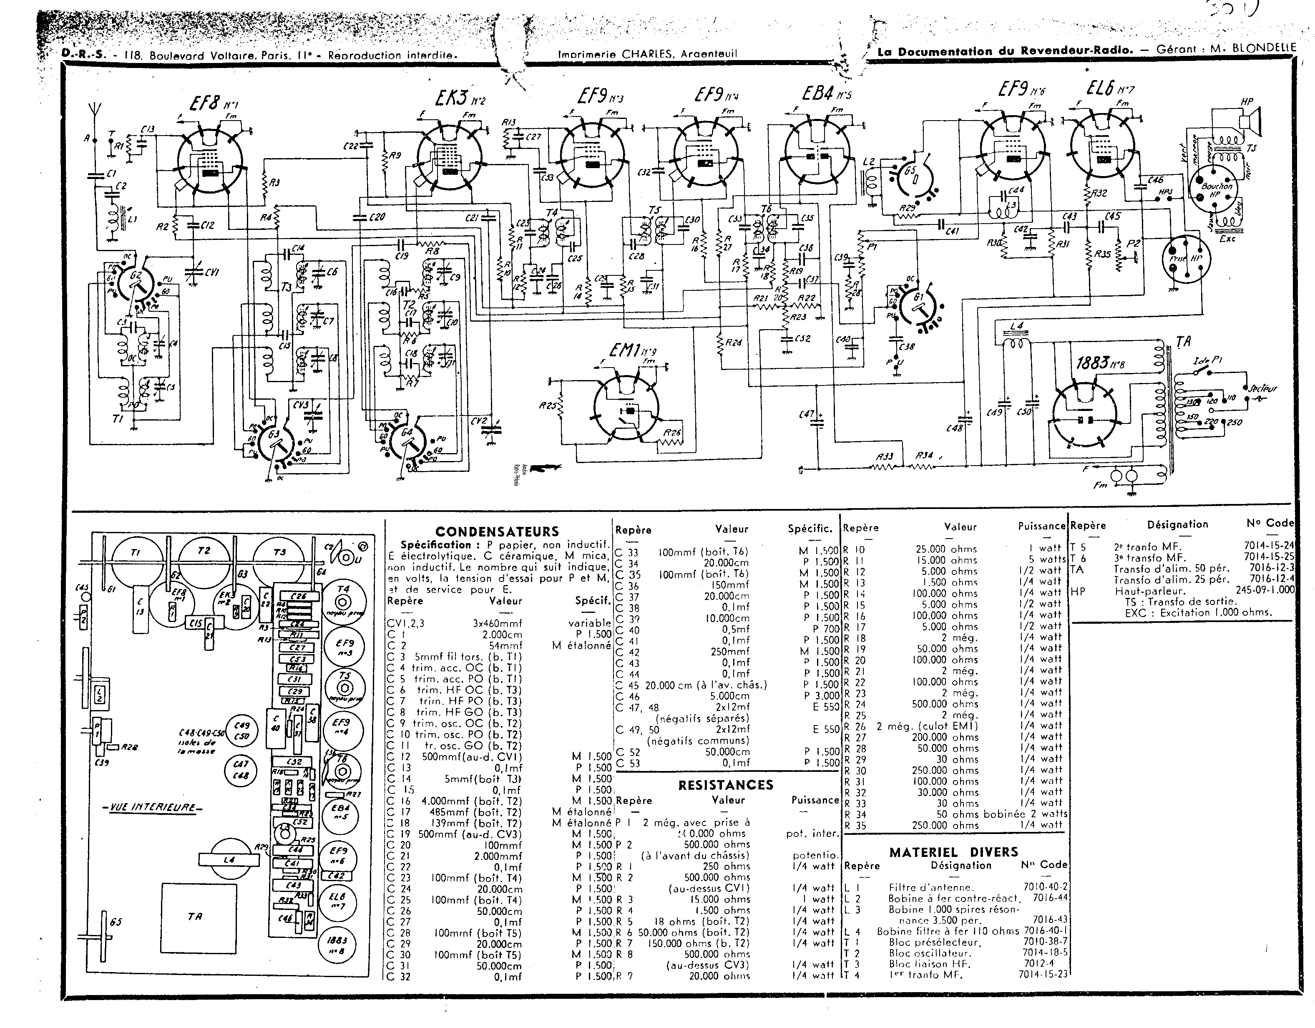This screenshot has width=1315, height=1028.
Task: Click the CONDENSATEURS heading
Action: (497, 531)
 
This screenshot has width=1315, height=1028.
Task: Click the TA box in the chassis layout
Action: (194, 917)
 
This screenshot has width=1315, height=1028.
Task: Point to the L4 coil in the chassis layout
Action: (229, 860)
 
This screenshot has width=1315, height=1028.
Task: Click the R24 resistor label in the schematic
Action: (733, 343)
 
